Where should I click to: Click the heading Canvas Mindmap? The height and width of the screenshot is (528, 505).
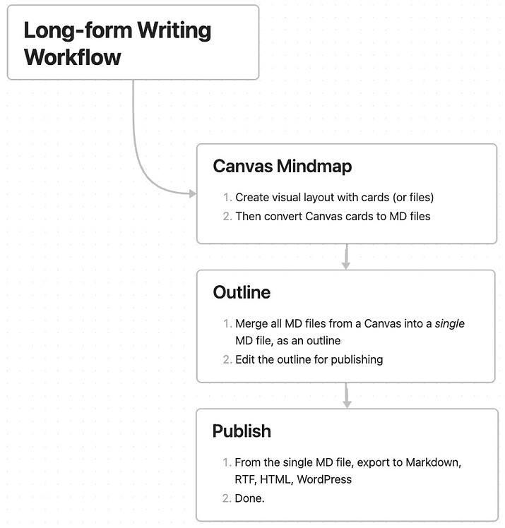[x=282, y=167]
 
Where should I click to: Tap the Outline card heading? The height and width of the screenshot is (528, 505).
[x=242, y=292]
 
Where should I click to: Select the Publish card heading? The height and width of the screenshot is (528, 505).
[x=242, y=431]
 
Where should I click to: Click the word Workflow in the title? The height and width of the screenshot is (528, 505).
[x=72, y=56]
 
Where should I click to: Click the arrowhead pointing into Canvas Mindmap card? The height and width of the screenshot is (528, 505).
[x=192, y=193]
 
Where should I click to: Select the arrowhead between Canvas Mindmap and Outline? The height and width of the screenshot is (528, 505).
[x=346, y=265]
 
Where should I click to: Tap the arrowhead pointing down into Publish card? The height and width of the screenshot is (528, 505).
[x=346, y=403]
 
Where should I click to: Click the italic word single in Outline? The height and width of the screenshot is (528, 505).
[x=449, y=323]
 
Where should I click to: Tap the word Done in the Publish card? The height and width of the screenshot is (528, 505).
[x=249, y=498]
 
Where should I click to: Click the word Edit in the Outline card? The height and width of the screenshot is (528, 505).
[x=246, y=359]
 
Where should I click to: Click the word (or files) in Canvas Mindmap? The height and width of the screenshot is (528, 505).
[x=408, y=198]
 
